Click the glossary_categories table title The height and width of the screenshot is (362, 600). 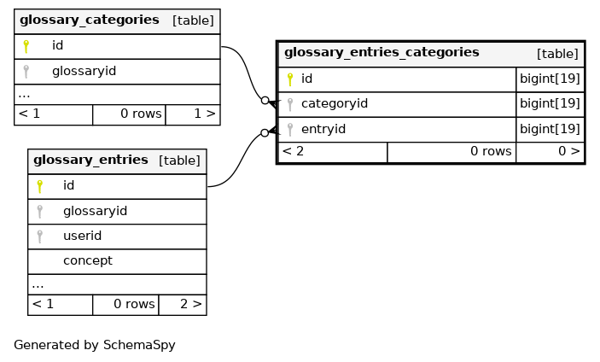point(90,20)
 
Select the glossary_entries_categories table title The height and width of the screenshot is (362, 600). point(382,52)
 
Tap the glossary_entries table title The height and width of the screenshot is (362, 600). point(90,160)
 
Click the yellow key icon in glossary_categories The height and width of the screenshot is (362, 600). point(26,46)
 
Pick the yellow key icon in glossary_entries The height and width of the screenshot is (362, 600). point(40,186)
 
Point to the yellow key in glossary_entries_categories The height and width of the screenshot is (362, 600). point(290,79)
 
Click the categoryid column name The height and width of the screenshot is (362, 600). point(335,103)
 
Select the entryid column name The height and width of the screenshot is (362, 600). point(323,129)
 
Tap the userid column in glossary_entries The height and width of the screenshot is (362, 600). point(82,236)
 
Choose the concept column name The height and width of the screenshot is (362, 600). point(88,261)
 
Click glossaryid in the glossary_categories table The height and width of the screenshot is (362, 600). point(84,71)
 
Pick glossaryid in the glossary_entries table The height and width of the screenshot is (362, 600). point(96,211)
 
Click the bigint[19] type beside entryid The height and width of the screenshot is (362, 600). point(550,129)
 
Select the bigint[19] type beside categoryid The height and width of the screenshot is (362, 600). point(550,103)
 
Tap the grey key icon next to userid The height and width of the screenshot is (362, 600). point(40,236)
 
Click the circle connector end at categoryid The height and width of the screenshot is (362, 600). point(265,101)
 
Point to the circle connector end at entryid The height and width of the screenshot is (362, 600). point(265,133)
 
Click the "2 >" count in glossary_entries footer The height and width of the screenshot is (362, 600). point(190,304)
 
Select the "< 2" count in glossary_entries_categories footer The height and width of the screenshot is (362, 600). point(293,151)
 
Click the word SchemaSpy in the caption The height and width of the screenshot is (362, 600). point(139,345)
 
